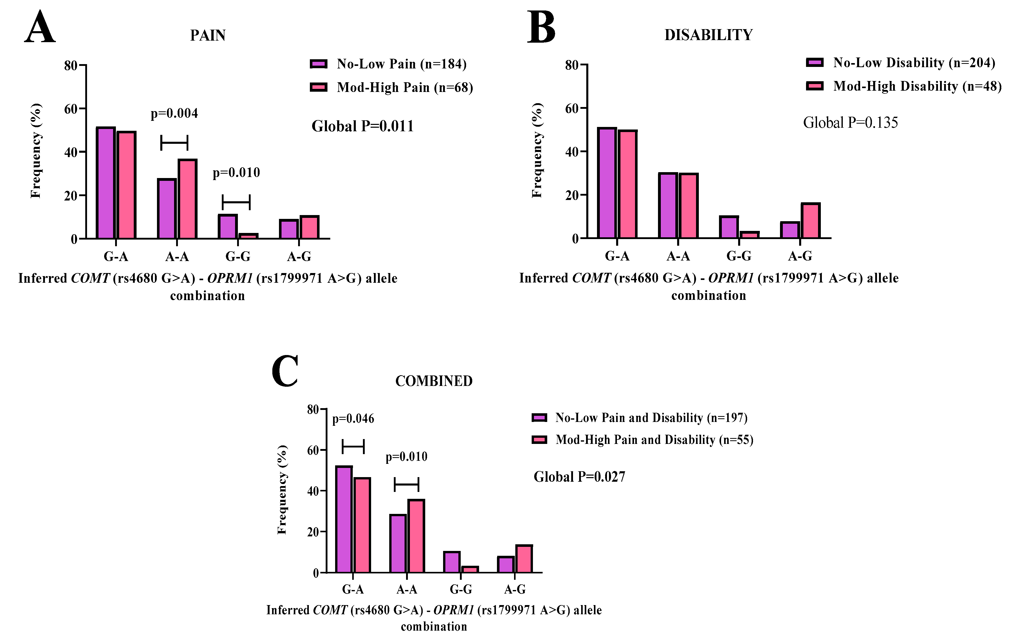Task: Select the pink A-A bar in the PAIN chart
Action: tap(187, 199)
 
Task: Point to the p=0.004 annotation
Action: tap(174, 113)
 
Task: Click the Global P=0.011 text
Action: tap(362, 126)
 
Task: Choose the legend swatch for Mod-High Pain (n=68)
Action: tap(318, 87)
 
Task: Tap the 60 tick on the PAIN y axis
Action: tap(71, 109)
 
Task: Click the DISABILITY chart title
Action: tap(708, 35)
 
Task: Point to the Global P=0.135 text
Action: tap(850, 123)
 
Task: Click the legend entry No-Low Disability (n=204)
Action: tap(914, 63)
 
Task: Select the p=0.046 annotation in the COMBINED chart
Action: tap(353, 419)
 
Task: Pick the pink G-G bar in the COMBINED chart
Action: tap(470, 569)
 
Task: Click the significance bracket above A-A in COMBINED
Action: tap(406, 484)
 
